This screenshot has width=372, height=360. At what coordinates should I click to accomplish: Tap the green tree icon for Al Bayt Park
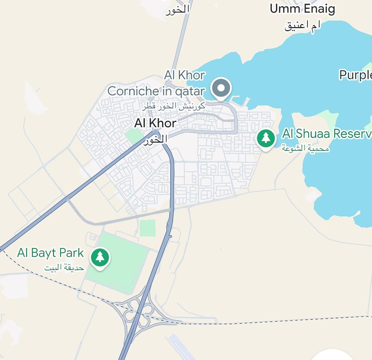[x=100, y=257]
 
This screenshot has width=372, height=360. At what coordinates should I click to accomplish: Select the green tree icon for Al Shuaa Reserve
[x=266, y=138]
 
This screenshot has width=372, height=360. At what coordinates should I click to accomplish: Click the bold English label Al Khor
[x=155, y=123]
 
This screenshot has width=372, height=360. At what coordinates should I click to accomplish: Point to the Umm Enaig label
[x=302, y=8]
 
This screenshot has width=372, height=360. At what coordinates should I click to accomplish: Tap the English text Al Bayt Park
[x=50, y=253]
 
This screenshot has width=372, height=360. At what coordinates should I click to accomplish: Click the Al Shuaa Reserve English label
[x=327, y=134]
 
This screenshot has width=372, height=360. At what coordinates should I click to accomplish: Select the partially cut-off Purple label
[x=355, y=75]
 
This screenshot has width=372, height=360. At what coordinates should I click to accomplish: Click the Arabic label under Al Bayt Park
[x=64, y=268]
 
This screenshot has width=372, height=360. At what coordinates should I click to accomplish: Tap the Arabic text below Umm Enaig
[x=303, y=25]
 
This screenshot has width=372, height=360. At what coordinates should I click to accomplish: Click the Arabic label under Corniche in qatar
[x=174, y=106]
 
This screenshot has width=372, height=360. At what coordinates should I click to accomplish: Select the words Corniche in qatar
[x=156, y=91]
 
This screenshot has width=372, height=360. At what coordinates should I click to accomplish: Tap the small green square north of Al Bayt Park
[x=147, y=228]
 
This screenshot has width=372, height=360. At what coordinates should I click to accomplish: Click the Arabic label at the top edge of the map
[x=178, y=10]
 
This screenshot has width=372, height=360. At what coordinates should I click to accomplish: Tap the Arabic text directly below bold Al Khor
[x=155, y=139]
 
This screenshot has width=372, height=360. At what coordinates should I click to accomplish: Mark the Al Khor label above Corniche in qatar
[x=185, y=75]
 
